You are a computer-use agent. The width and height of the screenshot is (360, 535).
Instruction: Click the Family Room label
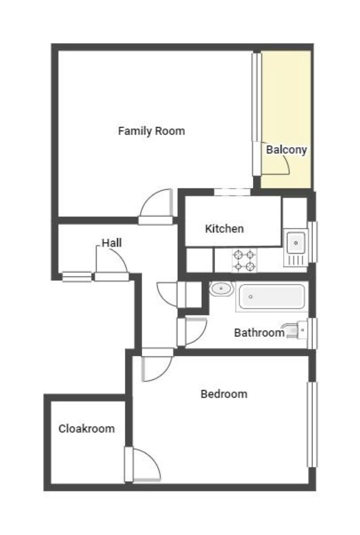coord(152,131)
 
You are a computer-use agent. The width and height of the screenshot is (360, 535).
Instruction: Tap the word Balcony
coord(286,149)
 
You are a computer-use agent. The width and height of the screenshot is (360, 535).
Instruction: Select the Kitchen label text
coord(224,229)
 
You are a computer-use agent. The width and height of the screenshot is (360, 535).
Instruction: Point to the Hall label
coord(112,243)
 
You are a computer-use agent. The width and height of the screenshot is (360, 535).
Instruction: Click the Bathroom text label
coord(260,332)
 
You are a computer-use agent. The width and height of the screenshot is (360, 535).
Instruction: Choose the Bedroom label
coord(224,394)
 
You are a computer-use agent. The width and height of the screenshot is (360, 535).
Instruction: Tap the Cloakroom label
coord(87,429)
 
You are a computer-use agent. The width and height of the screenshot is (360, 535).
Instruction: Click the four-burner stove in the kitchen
coord(244,260)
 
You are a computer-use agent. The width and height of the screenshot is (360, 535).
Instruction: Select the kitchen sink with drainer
coord(296,248)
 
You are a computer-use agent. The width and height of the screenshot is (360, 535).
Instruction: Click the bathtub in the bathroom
coord(272,297)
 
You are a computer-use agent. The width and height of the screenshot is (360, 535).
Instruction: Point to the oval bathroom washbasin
coord(221,288)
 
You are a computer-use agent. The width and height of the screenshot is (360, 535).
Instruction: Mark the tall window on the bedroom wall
coord(312,424)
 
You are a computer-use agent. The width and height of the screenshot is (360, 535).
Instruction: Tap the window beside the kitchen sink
coord(313,242)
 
